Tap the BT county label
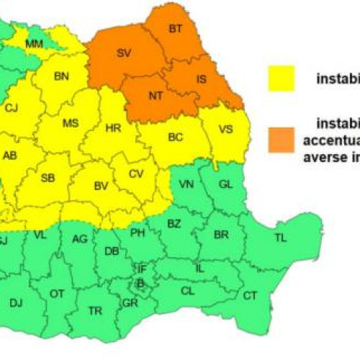click(176, 29)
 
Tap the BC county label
click(176, 136)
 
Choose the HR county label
click(113, 127)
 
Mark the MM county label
click(34, 45)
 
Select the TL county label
click(280, 237)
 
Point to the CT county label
click(250, 295)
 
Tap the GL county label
click(225, 184)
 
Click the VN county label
click(186, 184)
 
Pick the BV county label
click(101, 186)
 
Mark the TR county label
click(94, 310)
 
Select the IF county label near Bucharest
click(142, 268)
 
